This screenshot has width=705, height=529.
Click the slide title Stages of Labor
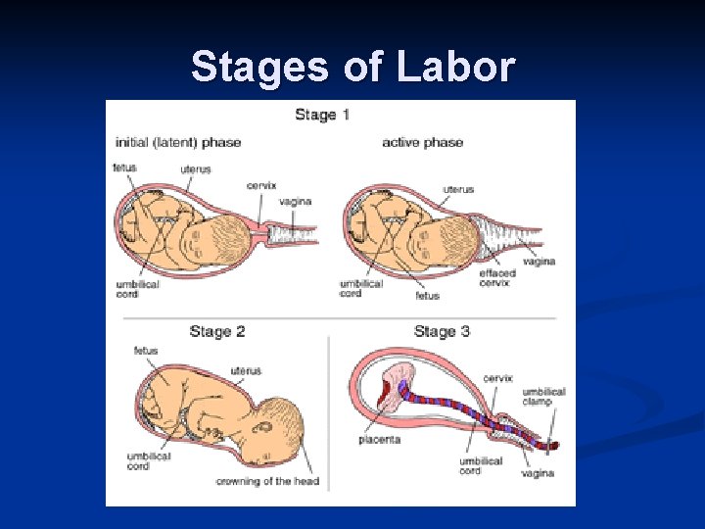(352, 67)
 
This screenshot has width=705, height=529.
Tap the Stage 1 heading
(322, 115)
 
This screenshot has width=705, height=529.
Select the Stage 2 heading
(217, 331)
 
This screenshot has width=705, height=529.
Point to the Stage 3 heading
(442, 331)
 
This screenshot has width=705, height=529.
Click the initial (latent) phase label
(177, 143)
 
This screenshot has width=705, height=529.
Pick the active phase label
(422, 143)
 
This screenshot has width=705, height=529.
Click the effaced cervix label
(497, 277)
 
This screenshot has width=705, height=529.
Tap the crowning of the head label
(267, 481)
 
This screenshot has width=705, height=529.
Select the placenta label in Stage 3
(379, 440)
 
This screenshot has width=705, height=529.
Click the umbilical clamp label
(543, 397)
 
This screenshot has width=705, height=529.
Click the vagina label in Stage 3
(538, 473)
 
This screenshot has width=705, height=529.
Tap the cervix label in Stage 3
(497, 378)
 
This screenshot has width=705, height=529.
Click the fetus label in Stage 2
(146, 351)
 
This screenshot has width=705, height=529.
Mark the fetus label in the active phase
(427, 295)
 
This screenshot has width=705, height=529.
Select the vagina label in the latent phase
(295, 202)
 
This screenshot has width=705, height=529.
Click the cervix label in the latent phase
(261, 185)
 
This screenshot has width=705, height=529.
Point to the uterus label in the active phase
(458, 189)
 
